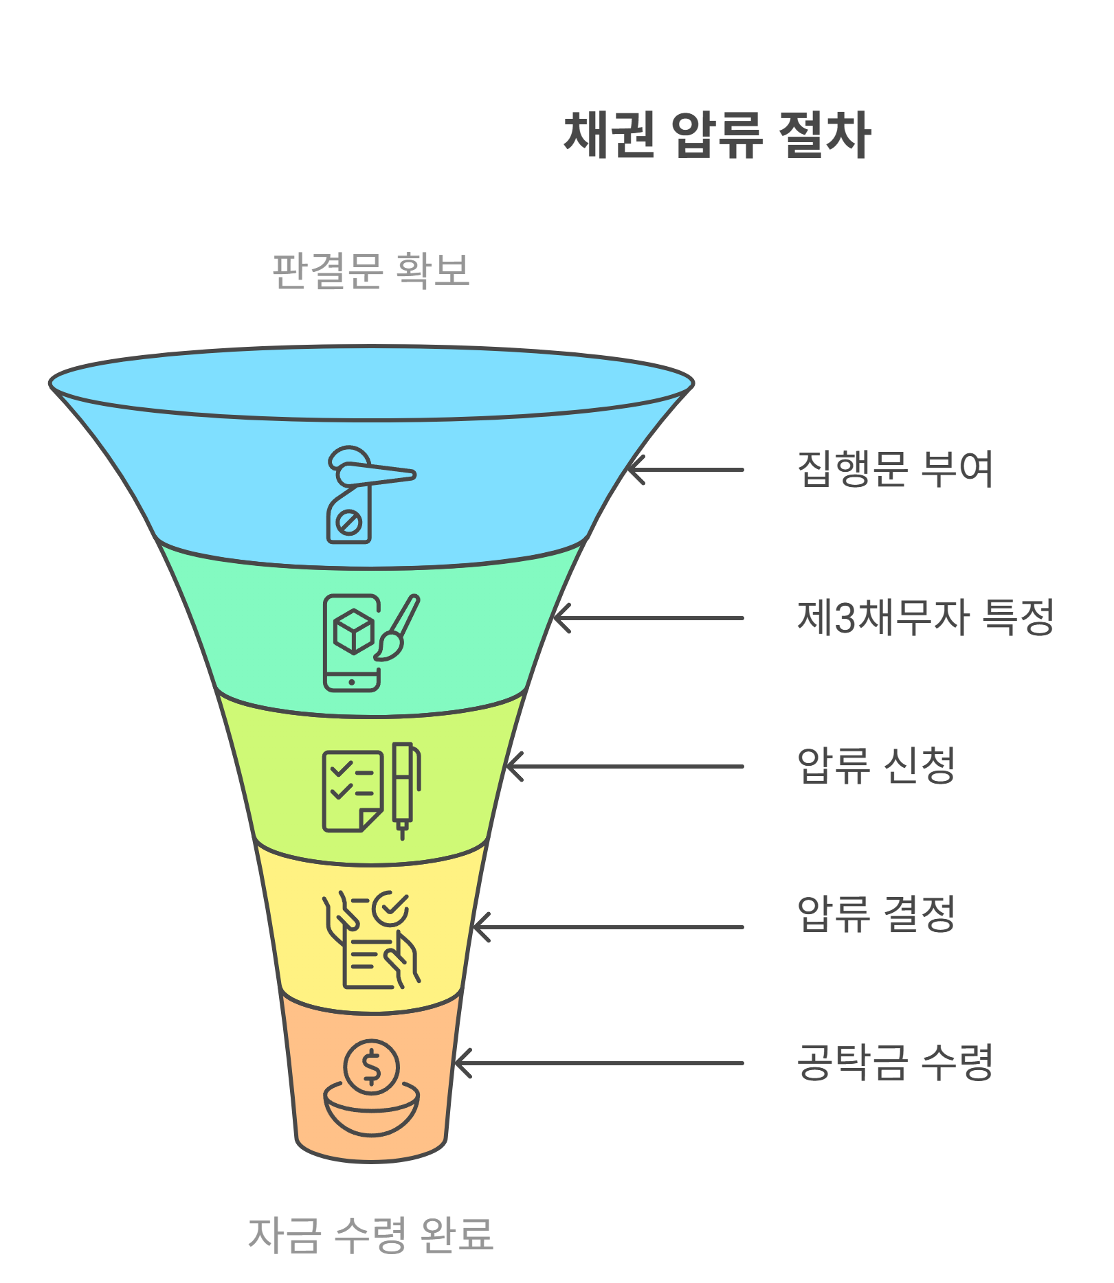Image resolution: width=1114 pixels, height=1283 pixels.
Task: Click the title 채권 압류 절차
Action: click(x=717, y=135)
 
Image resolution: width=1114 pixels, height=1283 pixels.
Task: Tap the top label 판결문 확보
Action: click(x=371, y=271)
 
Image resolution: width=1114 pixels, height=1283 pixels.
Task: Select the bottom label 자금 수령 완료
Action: click(x=370, y=1234)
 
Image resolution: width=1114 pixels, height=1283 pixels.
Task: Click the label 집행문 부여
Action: click(x=895, y=470)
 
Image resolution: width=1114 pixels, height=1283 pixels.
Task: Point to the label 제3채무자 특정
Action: click(x=925, y=617)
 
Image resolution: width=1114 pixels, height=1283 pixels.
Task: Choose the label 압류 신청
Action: click(x=876, y=766)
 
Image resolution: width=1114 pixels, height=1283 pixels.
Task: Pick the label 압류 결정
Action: click(x=876, y=914)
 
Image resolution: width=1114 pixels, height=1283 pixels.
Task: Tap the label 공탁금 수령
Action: click(x=895, y=1063)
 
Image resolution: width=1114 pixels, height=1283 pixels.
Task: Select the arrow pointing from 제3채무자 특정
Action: click(x=649, y=618)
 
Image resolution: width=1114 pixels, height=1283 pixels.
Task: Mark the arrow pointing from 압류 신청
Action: click(x=625, y=767)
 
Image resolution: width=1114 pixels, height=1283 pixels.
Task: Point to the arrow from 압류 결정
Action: click(x=609, y=927)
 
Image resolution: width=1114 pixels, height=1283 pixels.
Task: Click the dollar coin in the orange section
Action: click(x=371, y=1067)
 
